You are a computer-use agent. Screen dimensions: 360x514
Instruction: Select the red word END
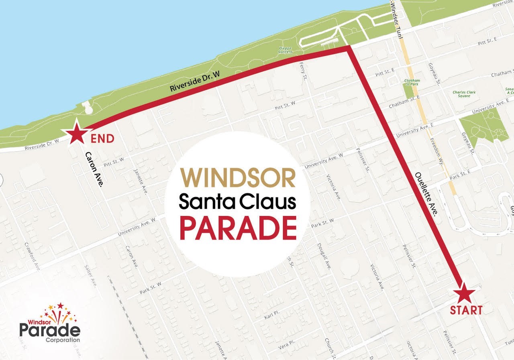click(102, 139)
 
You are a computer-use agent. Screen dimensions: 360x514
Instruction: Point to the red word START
click(466, 310)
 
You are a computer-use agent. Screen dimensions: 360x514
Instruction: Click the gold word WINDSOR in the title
click(238, 178)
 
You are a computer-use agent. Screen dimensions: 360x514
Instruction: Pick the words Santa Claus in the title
click(237, 202)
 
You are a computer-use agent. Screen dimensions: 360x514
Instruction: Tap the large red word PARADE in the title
click(238, 228)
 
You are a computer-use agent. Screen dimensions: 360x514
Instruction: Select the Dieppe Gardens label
click(286, 50)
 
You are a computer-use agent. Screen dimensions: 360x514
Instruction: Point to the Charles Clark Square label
click(464, 94)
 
